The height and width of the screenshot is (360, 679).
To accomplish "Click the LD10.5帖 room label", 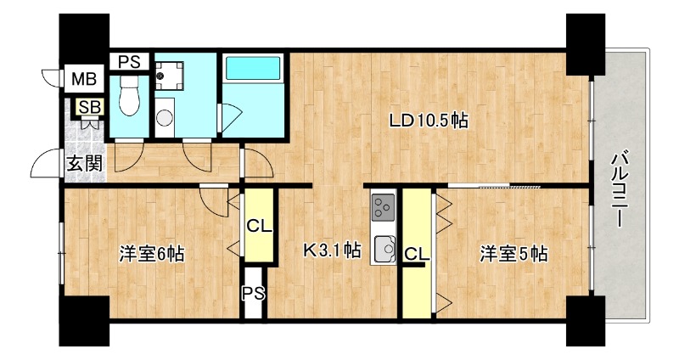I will (429, 121).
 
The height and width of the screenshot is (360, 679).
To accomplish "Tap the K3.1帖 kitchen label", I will (333, 251).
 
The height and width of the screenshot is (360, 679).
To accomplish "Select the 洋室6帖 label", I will (151, 253).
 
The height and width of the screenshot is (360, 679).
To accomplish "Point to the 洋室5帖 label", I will (513, 253).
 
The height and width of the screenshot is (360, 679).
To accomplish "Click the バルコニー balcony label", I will (620, 188).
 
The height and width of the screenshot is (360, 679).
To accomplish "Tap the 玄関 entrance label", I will (84, 162).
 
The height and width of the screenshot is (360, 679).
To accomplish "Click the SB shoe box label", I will (87, 107).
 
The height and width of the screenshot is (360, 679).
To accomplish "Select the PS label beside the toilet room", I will (129, 61).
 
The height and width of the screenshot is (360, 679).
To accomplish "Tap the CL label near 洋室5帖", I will (415, 253).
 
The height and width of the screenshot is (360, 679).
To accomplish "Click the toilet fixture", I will (130, 95).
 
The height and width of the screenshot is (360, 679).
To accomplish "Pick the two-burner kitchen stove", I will (384, 206).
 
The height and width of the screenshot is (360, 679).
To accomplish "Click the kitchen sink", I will (384, 249).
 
